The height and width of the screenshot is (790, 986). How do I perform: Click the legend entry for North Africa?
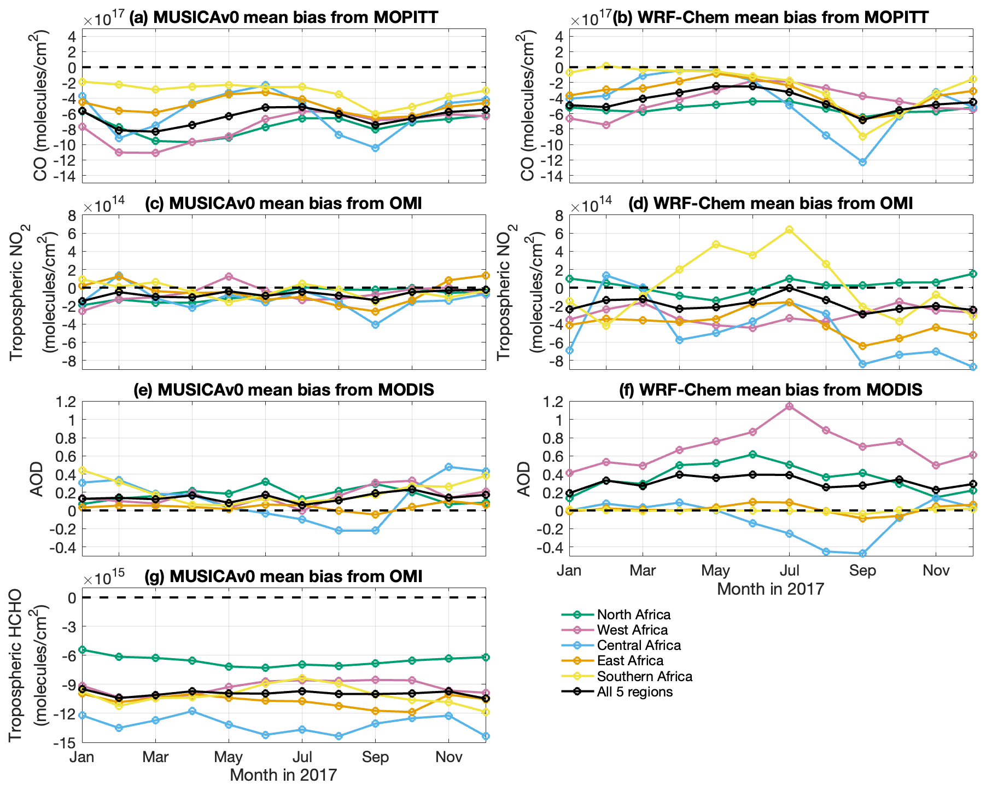pos(633,615)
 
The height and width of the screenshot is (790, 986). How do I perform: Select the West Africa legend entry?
pos(632,630)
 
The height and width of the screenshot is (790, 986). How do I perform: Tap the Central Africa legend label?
pos(639,646)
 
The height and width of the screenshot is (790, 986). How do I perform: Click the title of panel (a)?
pos(283,18)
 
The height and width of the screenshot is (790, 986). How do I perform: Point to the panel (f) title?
pos(771,390)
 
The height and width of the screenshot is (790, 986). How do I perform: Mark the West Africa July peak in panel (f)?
pos(789,406)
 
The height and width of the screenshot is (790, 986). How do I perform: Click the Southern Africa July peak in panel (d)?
pos(789,230)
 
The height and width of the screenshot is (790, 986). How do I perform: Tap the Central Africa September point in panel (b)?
pos(862,162)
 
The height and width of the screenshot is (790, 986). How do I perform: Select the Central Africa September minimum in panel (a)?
pos(375,148)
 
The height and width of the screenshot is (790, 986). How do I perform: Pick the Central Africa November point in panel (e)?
pos(448,467)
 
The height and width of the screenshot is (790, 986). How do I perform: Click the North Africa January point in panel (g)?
pos(83,650)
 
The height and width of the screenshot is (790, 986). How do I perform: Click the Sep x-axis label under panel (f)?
pos(862,571)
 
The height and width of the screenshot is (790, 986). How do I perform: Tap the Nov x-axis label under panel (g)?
pos(448,757)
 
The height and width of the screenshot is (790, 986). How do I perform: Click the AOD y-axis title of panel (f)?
pos(524,479)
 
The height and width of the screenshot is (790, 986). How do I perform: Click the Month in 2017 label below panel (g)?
pos(283,775)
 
